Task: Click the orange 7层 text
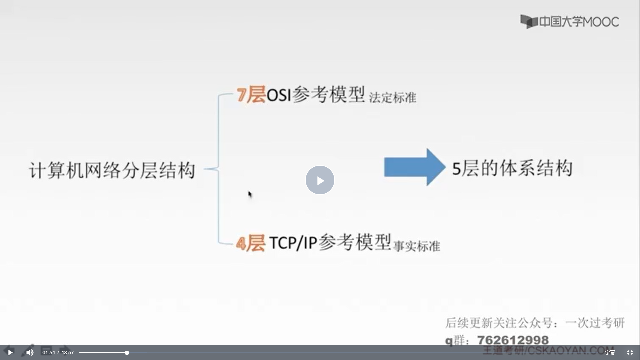coord(251,95)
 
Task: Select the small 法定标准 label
coord(393,98)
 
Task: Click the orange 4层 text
coord(250,244)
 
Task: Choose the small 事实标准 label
coord(417,247)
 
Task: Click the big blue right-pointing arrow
coord(414,167)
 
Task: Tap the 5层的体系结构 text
coord(512,168)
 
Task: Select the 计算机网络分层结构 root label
coord(112,171)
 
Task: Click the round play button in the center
coord(320,180)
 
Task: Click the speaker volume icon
coord(30,352)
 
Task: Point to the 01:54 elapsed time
coord(48,353)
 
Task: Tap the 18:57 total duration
coord(68,353)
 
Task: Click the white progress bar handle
coord(127,353)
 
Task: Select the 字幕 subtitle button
coord(610,353)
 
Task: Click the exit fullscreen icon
coord(630,353)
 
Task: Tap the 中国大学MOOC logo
coord(570,22)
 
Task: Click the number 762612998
coord(513,340)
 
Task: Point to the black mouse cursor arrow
coord(250,194)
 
